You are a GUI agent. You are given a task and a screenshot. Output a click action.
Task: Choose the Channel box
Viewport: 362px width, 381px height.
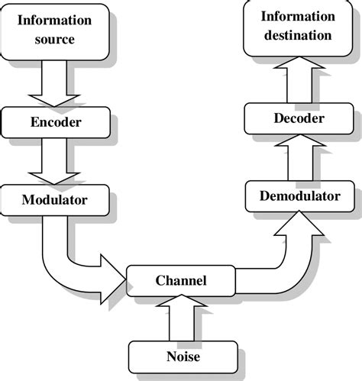point(180,280)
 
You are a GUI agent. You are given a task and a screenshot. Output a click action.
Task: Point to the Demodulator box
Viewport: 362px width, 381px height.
point(299,196)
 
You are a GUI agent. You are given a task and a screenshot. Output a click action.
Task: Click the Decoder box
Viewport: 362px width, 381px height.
point(299,118)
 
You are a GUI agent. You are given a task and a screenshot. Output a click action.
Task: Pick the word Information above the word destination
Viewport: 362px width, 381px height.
point(297,16)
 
